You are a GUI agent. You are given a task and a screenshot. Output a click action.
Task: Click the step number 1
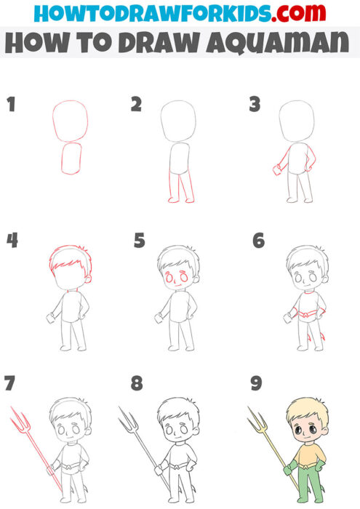tap(11, 105)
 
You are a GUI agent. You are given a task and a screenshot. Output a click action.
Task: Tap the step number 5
tap(140, 241)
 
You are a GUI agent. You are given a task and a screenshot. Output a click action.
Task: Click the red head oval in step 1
tap(71, 119)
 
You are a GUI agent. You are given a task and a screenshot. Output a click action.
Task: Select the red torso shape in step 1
tap(73, 160)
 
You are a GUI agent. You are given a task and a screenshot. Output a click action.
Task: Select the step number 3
tap(255, 105)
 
